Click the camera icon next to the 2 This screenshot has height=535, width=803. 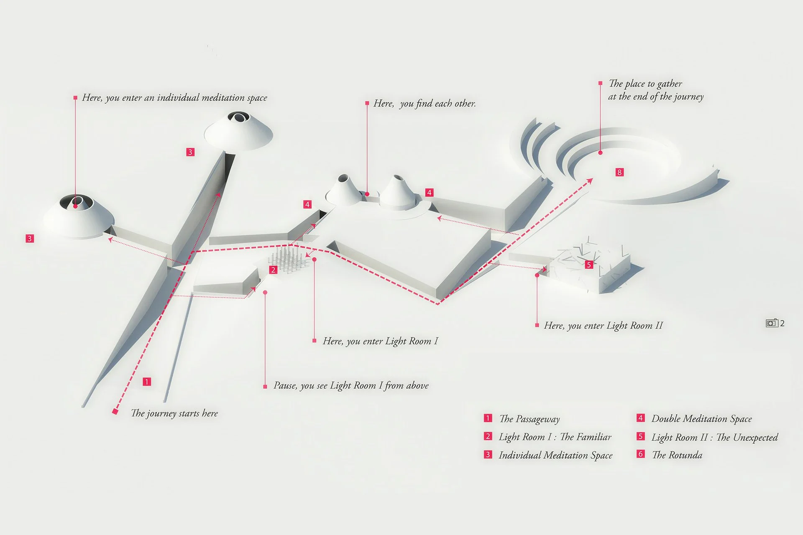(x=772, y=323)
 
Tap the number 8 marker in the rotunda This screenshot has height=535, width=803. (x=619, y=172)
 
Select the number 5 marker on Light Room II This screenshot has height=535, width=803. (x=589, y=265)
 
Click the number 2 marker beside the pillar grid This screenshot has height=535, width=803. (x=273, y=270)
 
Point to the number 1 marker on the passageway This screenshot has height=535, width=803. (x=147, y=382)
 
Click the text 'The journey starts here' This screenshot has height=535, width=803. (x=174, y=413)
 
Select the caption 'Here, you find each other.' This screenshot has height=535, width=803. (x=425, y=103)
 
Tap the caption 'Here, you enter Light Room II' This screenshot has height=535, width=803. (x=603, y=326)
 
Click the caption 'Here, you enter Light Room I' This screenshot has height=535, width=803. (x=380, y=341)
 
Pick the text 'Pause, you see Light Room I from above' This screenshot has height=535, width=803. (x=351, y=385)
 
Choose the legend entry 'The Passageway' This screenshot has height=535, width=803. (x=529, y=419)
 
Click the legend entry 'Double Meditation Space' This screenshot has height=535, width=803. (x=701, y=419)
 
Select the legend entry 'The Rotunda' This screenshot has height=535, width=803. (x=677, y=455)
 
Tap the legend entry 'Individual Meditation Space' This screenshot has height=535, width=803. (x=555, y=455)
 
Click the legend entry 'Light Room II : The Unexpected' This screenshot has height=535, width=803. (x=714, y=437)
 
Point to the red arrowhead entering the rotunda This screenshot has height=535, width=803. (x=590, y=181)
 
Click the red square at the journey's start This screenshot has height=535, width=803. (x=115, y=412)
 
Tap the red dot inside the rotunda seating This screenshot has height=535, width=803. (x=600, y=153)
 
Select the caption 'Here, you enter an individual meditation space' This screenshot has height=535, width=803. (x=174, y=98)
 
